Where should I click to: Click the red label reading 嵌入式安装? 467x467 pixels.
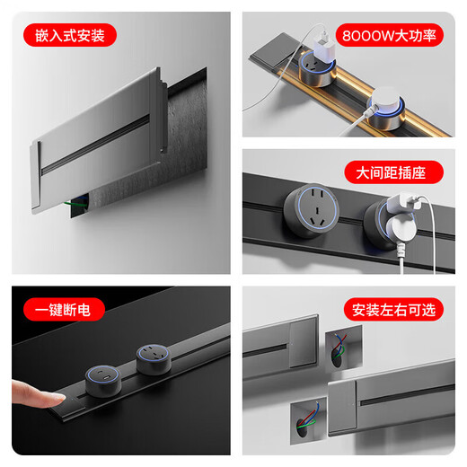pos(71,35)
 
